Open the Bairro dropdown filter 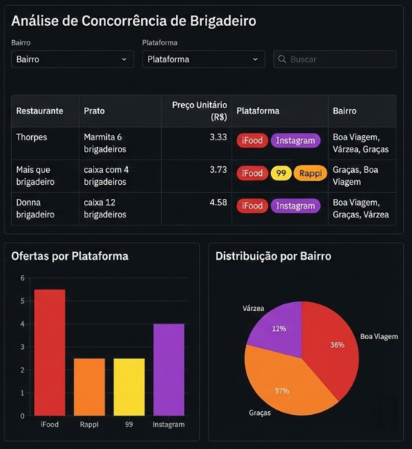coord(72,59)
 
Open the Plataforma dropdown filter coord(203,59)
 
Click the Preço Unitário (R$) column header coord(199,111)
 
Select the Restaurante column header coord(39,111)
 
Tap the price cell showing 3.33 coord(218,137)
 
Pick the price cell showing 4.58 coord(218,203)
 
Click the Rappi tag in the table coord(310,173)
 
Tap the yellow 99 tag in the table coord(281,173)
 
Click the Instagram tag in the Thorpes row coord(295,140)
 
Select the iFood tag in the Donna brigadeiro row coord(252,206)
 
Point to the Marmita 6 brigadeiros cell coord(105,143)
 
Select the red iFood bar coord(50,353)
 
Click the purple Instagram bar coord(169,370)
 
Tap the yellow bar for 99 coord(128,387)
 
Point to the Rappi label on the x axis coord(89,425)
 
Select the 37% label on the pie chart coord(281,390)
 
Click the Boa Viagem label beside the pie coord(379,336)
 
